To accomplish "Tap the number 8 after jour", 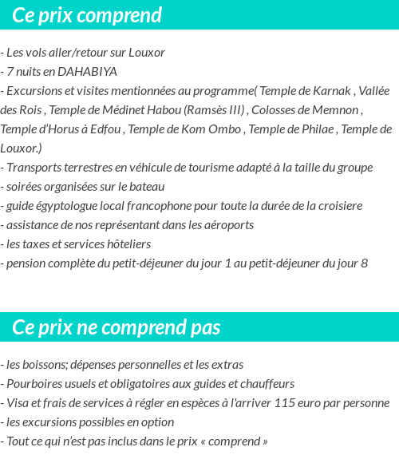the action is click(364, 263).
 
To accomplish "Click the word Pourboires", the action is click(34, 384).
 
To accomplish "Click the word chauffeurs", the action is click(266, 384).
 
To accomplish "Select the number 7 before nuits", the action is click(10, 72).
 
